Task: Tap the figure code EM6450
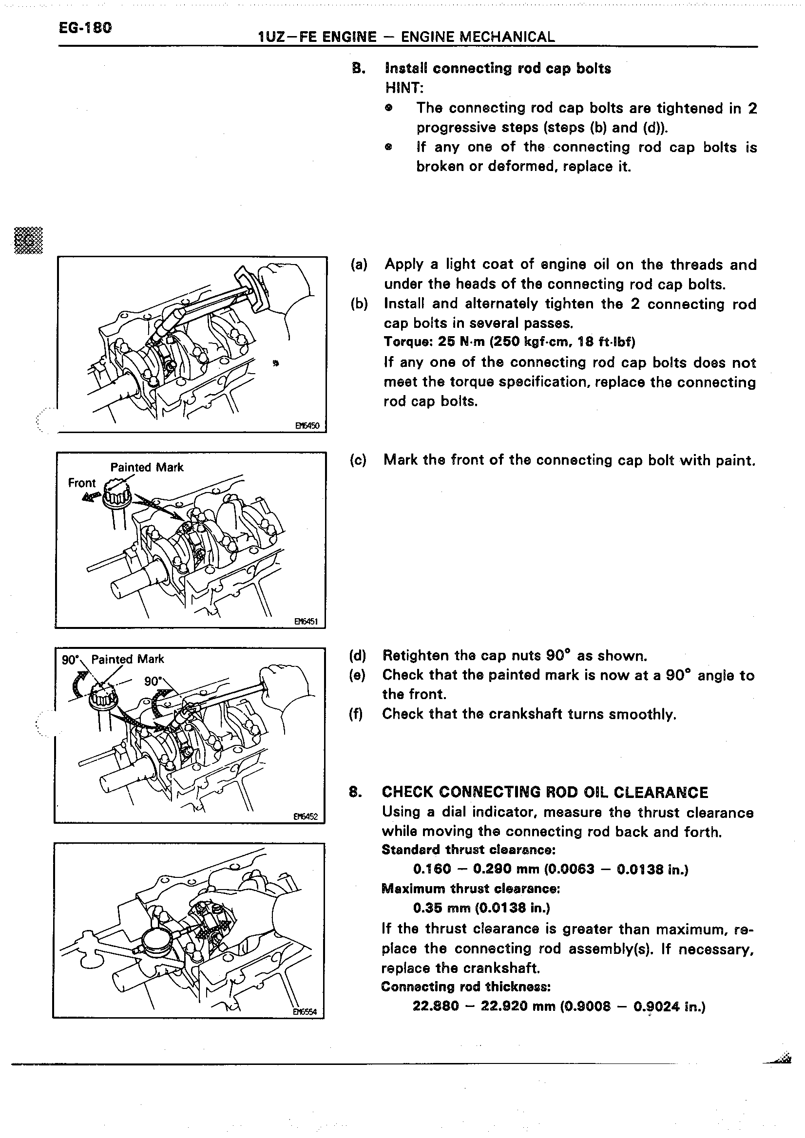307,425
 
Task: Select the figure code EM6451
306,621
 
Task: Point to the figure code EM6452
306,816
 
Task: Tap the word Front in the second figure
82,483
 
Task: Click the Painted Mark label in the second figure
147,467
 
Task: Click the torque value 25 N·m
460,342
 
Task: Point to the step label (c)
358,460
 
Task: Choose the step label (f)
356,714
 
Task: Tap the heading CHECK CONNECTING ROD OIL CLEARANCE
544,793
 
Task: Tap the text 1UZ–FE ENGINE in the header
317,37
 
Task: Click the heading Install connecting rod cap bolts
498,68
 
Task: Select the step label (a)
359,264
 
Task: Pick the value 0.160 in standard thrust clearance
432,869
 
